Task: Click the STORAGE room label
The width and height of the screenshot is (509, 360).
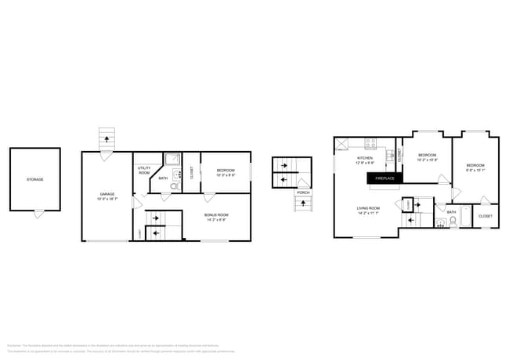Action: pos(34,179)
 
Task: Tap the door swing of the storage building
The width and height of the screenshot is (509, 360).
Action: pos(38,214)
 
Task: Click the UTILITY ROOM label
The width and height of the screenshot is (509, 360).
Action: pos(144,170)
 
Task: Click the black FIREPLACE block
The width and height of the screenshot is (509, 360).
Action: pos(384,178)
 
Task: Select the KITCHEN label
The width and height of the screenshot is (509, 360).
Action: pos(365,160)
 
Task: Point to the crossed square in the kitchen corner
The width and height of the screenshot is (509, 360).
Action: pos(342,145)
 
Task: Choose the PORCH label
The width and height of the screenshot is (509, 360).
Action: pos(303,192)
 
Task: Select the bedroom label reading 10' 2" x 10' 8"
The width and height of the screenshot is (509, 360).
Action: pos(427,157)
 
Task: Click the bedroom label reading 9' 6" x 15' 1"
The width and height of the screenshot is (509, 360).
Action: pos(475,167)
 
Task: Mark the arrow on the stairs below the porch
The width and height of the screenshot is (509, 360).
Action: pos(302,204)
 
